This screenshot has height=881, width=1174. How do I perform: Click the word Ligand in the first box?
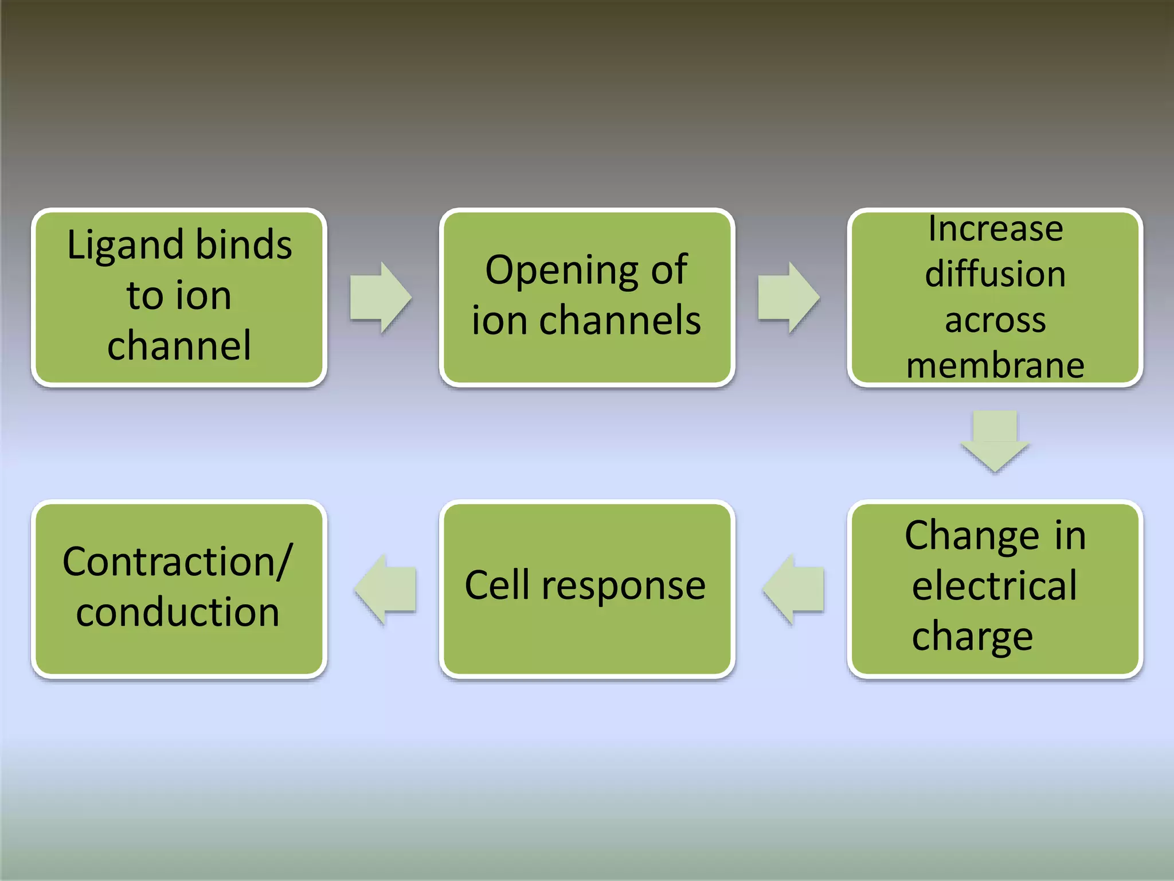[x=126, y=245]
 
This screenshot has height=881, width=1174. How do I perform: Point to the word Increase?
[x=995, y=229]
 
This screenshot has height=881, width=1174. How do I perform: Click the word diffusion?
[x=995, y=274]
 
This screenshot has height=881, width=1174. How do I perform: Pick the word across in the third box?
[x=995, y=319]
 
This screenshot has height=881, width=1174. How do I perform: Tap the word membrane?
[x=995, y=365]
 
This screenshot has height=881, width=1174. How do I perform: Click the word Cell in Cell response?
[x=496, y=586]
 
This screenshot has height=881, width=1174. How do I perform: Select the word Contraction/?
[x=178, y=561]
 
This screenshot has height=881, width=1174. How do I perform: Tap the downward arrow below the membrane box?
[x=995, y=440]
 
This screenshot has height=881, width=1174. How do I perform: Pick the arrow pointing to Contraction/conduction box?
[x=386, y=589]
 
